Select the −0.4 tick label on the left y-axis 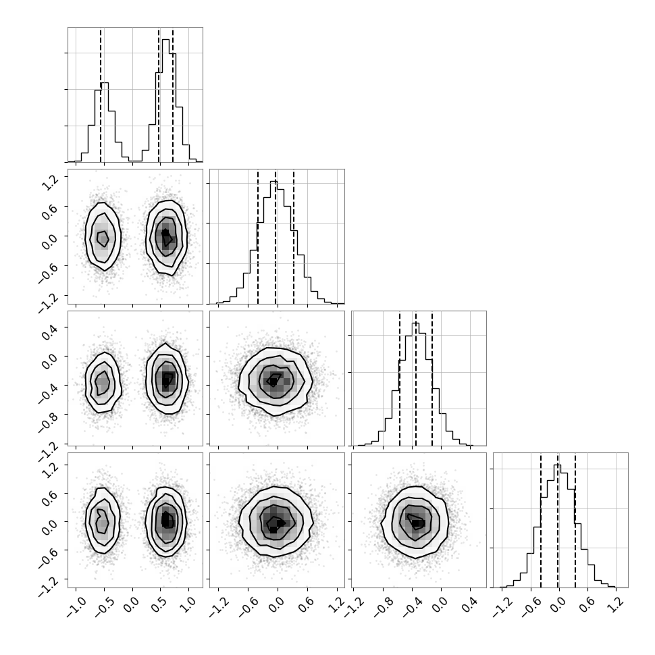[x=49, y=393]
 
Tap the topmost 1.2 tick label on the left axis [x=50, y=182]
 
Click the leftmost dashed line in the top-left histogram [x=101, y=95]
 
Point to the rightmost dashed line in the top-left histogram [x=173, y=95]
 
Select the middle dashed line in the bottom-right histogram [x=558, y=520]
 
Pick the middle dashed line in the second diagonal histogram [x=276, y=236]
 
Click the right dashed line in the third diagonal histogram [x=432, y=378]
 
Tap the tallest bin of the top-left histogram [x=165, y=100]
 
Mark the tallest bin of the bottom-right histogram [x=558, y=526]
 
